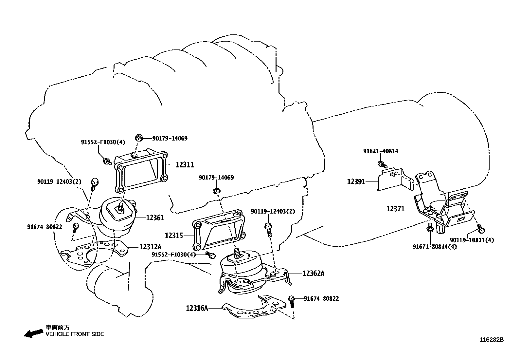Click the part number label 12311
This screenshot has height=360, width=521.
(x=185, y=165)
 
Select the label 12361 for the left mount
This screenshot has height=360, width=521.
(x=155, y=218)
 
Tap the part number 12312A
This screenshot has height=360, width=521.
(x=150, y=247)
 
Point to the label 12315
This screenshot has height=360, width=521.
(x=174, y=236)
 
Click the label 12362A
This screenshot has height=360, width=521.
(x=313, y=273)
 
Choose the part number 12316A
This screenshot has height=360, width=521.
(x=197, y=308)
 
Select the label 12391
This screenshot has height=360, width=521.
(x=356, y=181)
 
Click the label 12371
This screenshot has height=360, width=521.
(x=395, y=209)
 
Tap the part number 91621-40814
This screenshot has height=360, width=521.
(x=380, y=151)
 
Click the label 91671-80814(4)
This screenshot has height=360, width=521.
(x=434, y=246)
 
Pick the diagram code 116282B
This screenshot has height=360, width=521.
(x=491, y=340)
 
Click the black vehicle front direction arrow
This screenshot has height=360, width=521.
(x=33, y=333)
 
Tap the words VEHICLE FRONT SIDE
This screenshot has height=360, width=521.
(x=74, y=334)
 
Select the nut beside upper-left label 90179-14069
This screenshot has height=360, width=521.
(x=139, y=138)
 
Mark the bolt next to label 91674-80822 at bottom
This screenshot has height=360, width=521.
(x=291, y=301)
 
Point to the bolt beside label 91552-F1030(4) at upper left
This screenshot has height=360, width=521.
(x=107, y=161)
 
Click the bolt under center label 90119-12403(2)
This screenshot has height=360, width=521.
(x=268, y=230)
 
